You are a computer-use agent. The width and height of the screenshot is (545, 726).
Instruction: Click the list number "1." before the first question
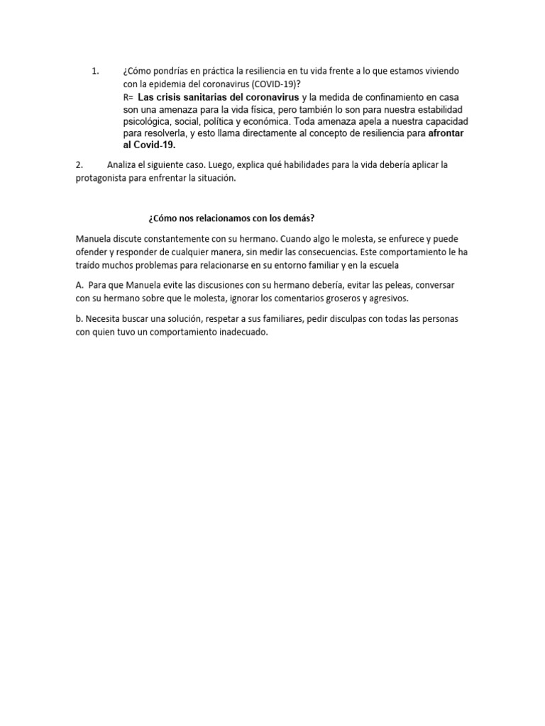[96, 71]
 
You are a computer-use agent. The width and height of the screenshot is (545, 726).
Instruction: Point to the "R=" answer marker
[128, 96]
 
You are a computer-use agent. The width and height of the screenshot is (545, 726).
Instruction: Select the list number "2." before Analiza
[79, 165]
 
